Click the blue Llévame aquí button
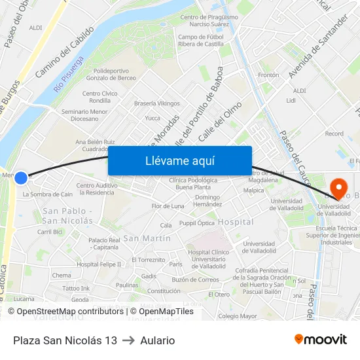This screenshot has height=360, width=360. click(179, 160)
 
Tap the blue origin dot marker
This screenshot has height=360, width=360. click(21, 177)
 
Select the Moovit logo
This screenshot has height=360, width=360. click(321, 339)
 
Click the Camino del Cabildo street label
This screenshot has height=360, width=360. click(65, 52)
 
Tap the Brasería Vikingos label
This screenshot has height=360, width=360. click(156, 103)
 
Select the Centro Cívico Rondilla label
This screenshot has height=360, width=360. click(100, 97)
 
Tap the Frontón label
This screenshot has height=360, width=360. click(268, 75)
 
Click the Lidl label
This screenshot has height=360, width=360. click(291, 101)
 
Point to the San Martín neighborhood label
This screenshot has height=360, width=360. click(147, 238)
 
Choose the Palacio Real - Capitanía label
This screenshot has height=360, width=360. click(104, 243)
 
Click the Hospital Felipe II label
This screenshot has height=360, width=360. click(99, 264)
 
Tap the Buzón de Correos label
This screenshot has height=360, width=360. click(195, 279)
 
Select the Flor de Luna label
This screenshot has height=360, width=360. click(168, 206)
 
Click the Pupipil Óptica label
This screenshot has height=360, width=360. click(196, 223)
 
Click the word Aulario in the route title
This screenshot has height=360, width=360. click(157, 340)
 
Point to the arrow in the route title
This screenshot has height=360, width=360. click(128, 340)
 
